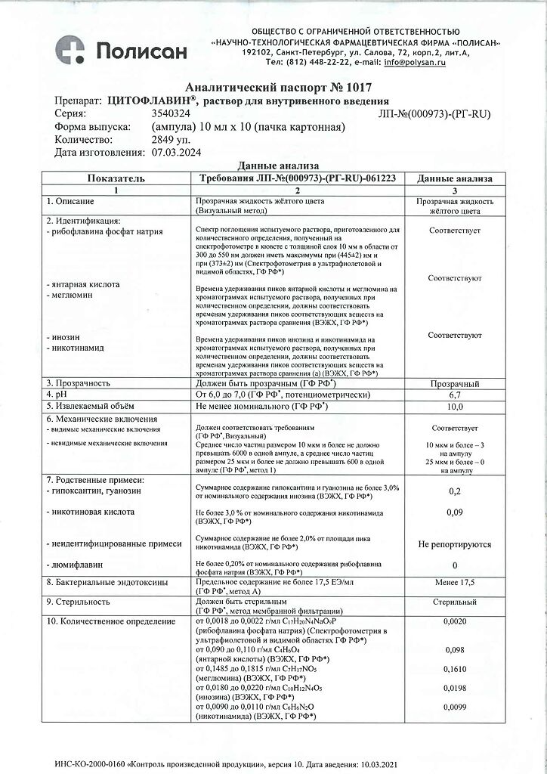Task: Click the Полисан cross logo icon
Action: [x=72, y=51]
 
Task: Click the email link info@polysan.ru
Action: [x=415, y=62]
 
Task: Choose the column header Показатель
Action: [x=116, y=178]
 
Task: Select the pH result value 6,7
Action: [x=455, y=395]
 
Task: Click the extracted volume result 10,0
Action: [x=455, y=407]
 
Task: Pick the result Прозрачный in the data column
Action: [x=455, y=383]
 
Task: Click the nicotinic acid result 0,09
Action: [x=455, y=513]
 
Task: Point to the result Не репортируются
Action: [x=455, y=543]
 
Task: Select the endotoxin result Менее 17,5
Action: [x=455, y=582]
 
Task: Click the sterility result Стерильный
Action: [x=455, y=602]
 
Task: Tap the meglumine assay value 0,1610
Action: [x=455, y=670]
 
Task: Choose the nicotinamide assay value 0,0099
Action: [x=455, y=709]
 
